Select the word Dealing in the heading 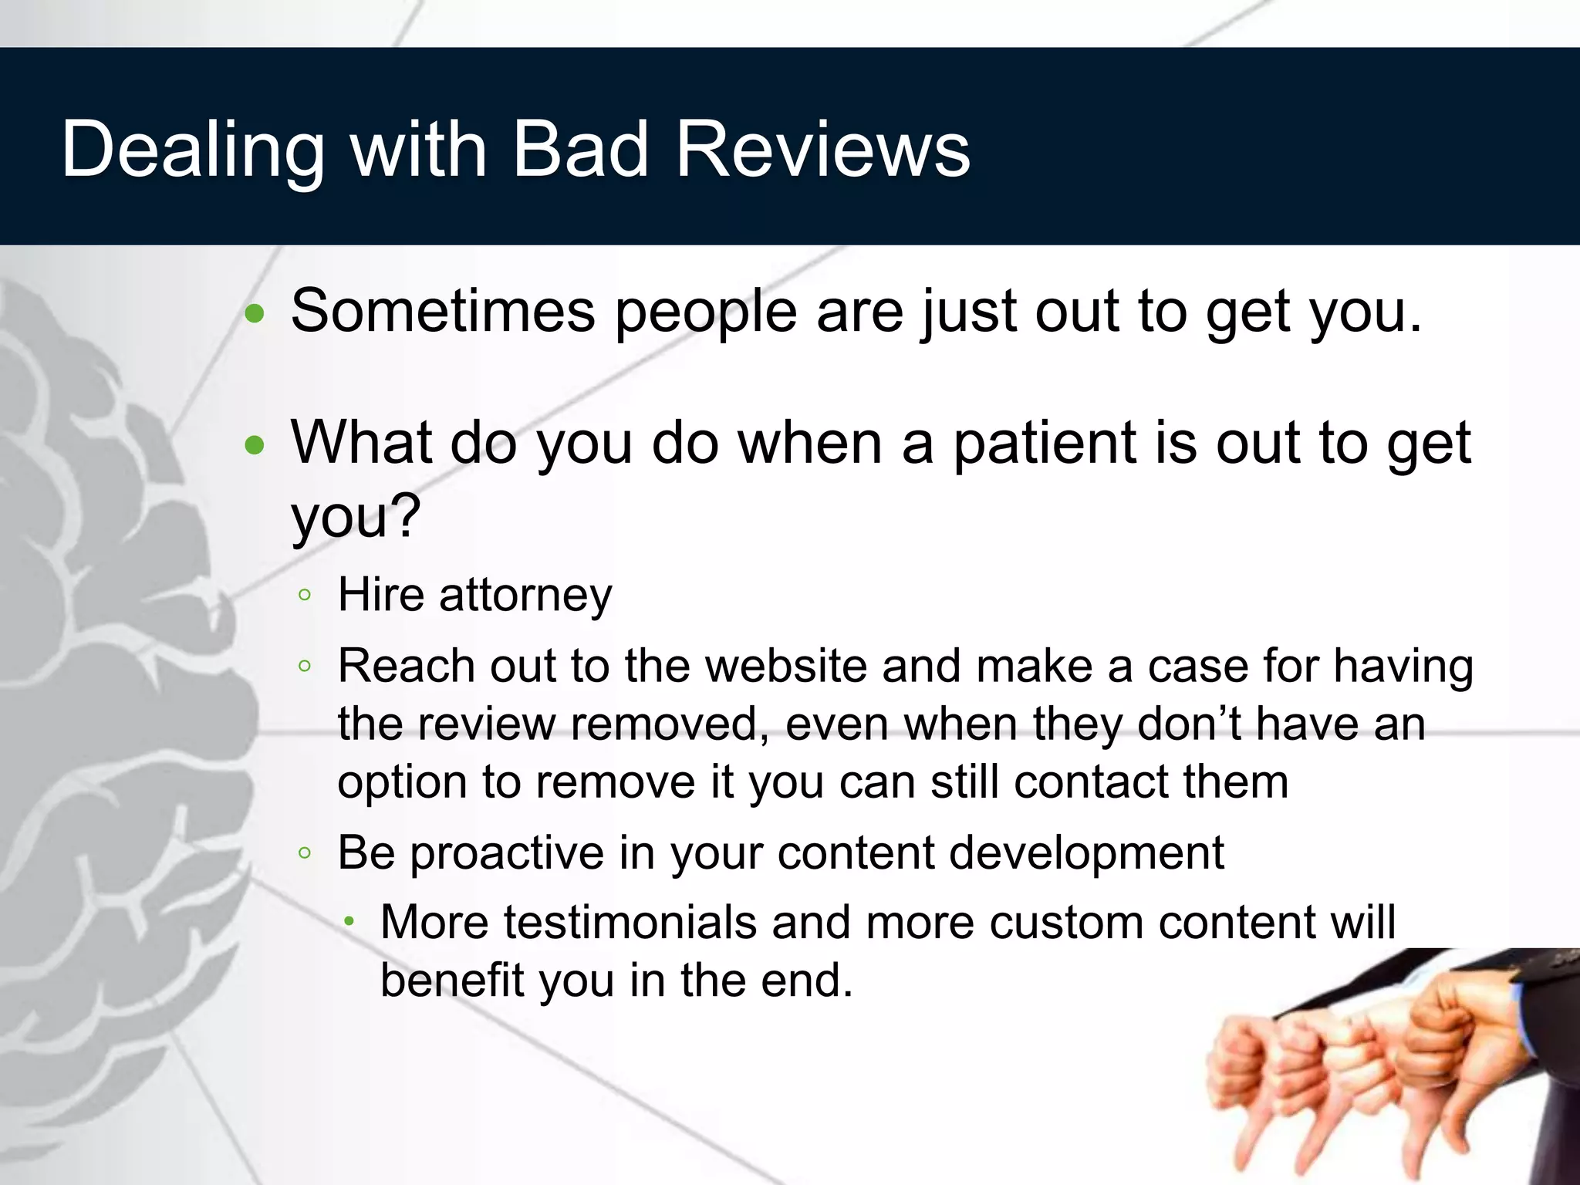point(193,150)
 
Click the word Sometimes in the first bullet point(443,311)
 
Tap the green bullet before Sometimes point(255,314)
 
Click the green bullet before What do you point(255,445)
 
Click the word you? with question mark point(356,515)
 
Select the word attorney point(525,596)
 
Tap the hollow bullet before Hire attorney point(305,595)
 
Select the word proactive point(506,853)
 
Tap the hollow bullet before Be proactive point(305,853)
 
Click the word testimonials point(630,922)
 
